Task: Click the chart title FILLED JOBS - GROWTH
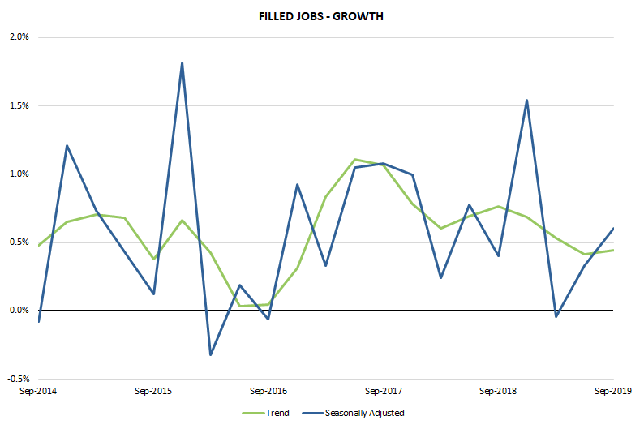coord(321,15)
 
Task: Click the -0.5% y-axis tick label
coord(19,378)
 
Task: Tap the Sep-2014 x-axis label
coord(38,390)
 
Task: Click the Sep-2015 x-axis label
coord(153,390)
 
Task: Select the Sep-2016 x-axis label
coord(268,390)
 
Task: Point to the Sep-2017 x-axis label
coord(384,390)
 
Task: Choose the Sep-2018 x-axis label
coord(498,390)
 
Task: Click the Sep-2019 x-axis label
coord(613,390)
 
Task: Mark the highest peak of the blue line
coord(182,62)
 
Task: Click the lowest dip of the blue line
coord(211,354)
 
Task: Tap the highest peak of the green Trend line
coord(354,159)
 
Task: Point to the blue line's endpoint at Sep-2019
coord(613,228)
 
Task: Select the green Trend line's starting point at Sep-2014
coord(38,245)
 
